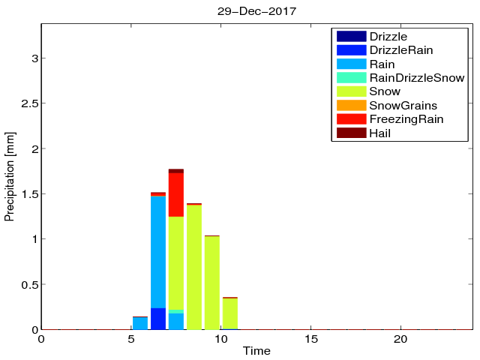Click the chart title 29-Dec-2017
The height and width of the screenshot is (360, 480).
click(x=256, y=12)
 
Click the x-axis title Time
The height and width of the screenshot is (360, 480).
click(x=256, y=351)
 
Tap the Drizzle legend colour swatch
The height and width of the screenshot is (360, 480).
click(x=351, y=36)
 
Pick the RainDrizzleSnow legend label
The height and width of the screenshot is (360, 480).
click(x=417, y=77)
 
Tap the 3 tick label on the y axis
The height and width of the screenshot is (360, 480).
click(x=32, y=58)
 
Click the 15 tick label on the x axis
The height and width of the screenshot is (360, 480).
click(x=310, y=339)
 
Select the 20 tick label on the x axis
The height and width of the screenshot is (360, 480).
click(x=400, y=339)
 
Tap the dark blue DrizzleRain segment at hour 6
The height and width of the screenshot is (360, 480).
click(x=158, y=319)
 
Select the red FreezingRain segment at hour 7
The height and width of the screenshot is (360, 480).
click(x=176, y=195)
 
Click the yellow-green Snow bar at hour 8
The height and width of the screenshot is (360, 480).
click(x=194, y=267)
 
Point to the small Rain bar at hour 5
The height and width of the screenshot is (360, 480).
click(x=140, y=323)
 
